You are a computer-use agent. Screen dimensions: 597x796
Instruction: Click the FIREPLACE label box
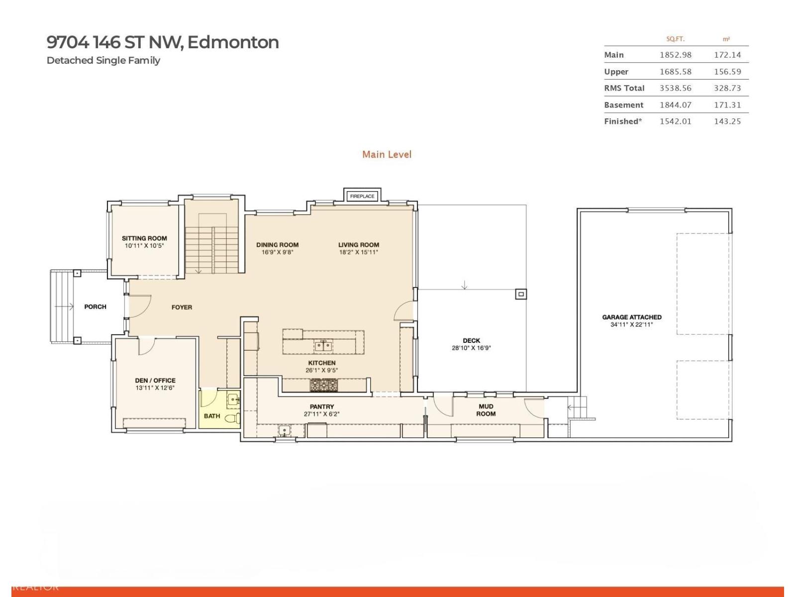(362, 196)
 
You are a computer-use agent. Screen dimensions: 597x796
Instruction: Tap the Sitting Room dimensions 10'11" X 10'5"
(144, 246)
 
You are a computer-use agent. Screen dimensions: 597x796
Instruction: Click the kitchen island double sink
(323, 345)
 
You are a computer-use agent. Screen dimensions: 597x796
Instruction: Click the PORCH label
(95, 307)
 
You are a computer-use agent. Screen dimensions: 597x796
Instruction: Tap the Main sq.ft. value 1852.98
(675, 55)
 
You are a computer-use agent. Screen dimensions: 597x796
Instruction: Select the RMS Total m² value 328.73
(727, 88)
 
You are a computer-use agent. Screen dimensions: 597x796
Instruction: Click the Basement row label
(623, 105)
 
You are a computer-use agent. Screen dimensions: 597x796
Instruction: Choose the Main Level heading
(387, 155)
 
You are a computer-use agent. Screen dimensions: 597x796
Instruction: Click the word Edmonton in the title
(233, 42)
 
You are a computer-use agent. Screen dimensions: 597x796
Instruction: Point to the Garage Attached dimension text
(631, 325)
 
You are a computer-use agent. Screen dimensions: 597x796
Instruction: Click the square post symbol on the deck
(521, 295)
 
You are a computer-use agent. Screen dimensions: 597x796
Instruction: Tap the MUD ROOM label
(486, 410)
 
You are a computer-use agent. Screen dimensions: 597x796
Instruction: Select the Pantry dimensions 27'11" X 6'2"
(321, 414)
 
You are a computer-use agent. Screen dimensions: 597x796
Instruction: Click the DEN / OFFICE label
(155, 381)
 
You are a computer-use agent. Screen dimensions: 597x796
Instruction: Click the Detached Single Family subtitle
(103, 61)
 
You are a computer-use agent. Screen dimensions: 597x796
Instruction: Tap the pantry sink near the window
(284, 430)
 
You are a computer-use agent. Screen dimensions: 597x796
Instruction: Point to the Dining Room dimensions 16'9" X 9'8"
(277, 252)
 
